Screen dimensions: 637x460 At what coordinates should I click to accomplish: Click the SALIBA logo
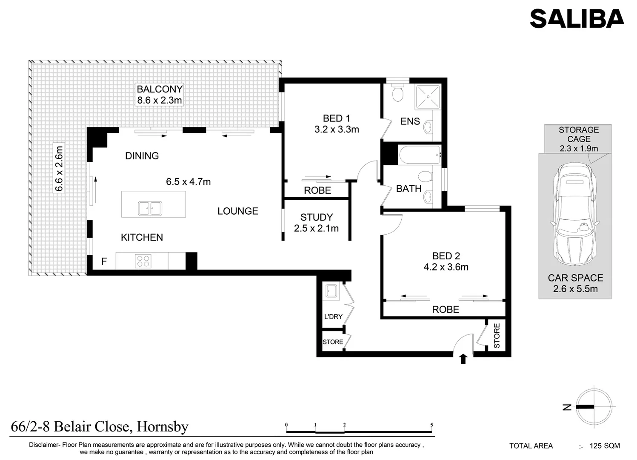point(577,18)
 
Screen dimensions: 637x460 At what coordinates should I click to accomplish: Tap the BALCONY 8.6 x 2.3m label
point(160,95)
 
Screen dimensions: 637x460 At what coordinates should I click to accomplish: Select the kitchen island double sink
point(150,208)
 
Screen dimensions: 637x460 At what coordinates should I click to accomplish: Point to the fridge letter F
point(104,261)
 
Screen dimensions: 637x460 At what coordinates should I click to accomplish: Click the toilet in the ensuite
point(397,92)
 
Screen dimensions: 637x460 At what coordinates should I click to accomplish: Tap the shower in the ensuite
point(428,97)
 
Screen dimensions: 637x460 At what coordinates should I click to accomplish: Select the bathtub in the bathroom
point(420,155)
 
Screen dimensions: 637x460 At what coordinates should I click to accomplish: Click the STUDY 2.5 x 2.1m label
point(316,223)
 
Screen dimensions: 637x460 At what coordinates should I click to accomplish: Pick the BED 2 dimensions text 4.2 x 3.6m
point(446,267)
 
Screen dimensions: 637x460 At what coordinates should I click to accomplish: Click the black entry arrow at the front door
point(463,359)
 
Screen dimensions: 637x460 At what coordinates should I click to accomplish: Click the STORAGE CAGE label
point(579,134)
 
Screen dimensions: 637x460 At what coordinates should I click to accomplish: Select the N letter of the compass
point(567,407)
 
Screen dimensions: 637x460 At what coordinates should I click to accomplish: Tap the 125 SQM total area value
point(605,446)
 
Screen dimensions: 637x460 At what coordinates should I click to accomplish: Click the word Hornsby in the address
point(163,427)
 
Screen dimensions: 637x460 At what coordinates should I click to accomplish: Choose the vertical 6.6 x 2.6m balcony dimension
point(59,169)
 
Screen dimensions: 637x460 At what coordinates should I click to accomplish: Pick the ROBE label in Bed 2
point(446,309)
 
